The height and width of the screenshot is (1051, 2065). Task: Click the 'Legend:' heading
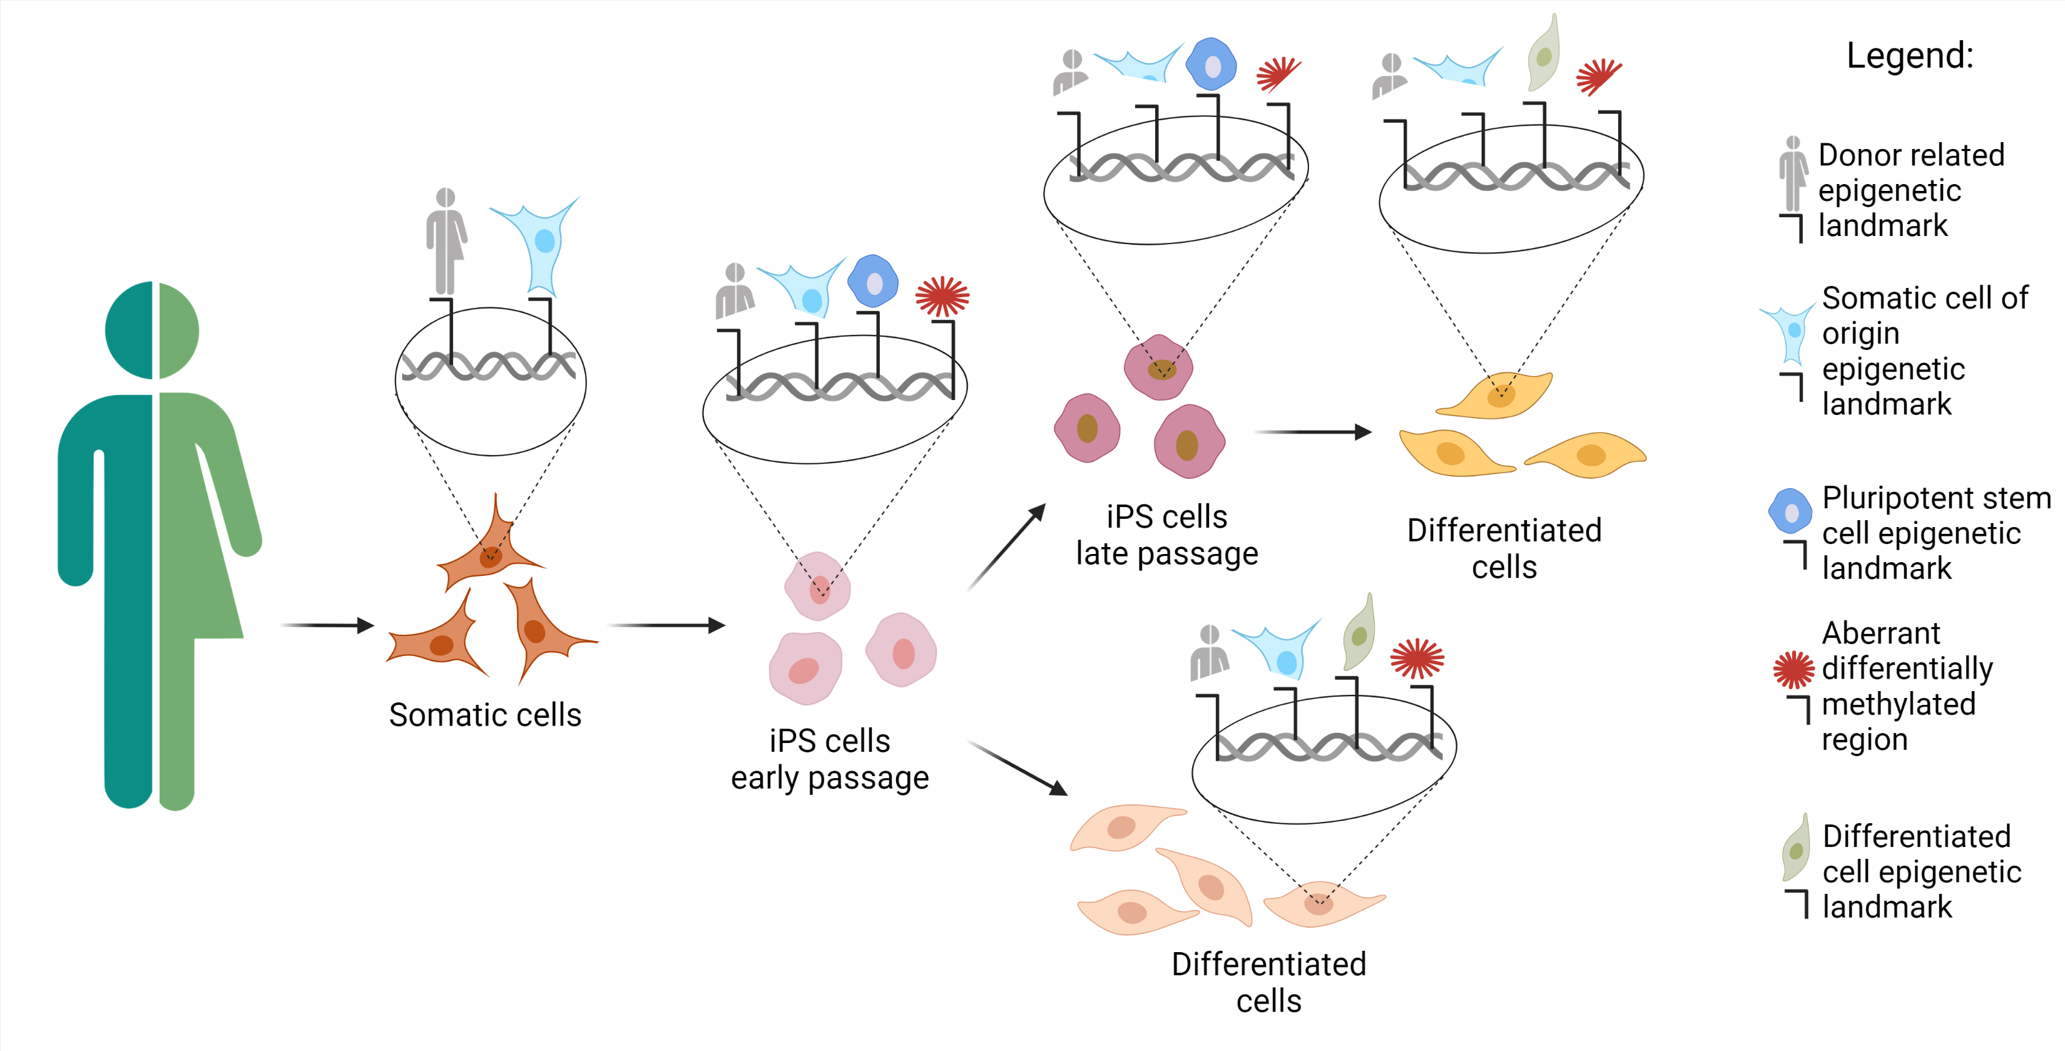click(x=1909, y=56)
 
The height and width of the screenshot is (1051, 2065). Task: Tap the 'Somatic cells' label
click(x=485, y=714)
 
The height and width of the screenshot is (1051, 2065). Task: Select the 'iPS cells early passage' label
click(x=830, y=759)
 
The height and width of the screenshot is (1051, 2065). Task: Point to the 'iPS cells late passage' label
click(x=1166, y=535)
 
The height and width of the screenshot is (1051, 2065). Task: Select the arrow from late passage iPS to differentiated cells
click(x=1312, y=432)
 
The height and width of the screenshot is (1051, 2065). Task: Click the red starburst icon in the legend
click(x=1793, y=669)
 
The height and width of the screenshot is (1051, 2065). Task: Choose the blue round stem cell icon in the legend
click(x=1790, y=511)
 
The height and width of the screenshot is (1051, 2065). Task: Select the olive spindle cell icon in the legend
click(x=1797, y=848)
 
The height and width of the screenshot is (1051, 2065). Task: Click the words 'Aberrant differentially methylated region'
click(x=1906, y=686)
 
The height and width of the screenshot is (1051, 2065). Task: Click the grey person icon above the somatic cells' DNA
click(x=446, y=240)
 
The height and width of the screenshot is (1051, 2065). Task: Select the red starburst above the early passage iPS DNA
click(x=943, y=297)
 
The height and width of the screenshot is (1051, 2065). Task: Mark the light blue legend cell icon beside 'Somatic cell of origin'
click(x=1788, y=332)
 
